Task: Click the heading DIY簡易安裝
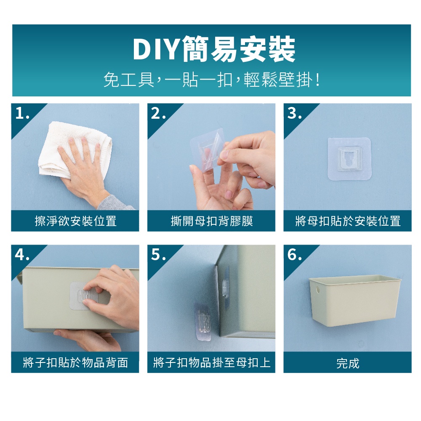(214, 50)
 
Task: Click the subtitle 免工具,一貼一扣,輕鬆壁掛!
(212, 80)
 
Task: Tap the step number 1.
(22, 114)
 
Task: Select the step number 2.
(158, 114)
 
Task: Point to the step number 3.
(295, 114)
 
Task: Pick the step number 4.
(22, 255)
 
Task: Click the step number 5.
(158, 255)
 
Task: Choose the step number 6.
(295, 255)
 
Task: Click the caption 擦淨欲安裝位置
(75, 221)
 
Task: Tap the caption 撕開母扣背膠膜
(212, 221)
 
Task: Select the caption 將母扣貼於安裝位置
(348, 221)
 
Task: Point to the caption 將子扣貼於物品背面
(75, 362)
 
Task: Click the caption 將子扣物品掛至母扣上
(212, 362)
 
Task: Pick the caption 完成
(348, 363)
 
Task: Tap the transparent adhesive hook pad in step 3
(349, 159)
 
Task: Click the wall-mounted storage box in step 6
(355, 300)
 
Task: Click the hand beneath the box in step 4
(88, 341)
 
